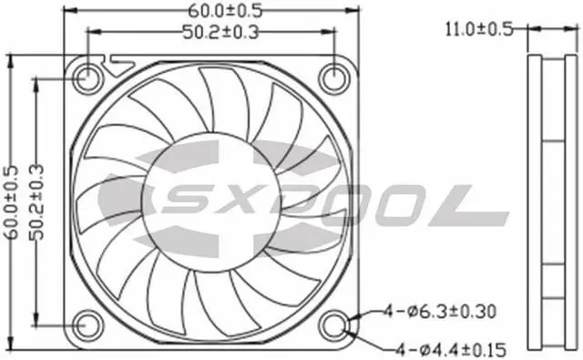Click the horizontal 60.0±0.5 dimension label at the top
[x=225, y=11]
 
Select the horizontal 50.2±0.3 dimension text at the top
[x=220, y=33]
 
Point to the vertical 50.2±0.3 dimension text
[x=36, y=202]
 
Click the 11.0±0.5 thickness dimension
[x=479, y=29]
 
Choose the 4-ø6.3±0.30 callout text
[x=440, y=312]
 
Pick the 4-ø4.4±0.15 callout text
[x=451, y=350]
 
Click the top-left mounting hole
[x=87, y=78]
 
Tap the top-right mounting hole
[x=334, y=78]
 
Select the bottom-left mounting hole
[x=87, y=325]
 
